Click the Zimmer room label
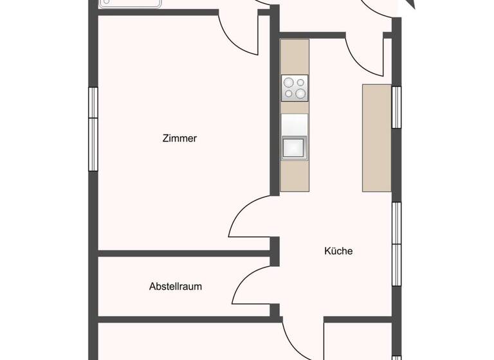tap(179, 138)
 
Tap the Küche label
tap(338, 251)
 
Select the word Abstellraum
tap(175, 286)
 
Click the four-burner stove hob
tap(295, 87)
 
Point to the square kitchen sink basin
tap(295, 147)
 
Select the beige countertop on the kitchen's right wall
tap(377, 138)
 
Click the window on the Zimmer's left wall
tap(93, 129)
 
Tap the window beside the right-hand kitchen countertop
tap(396, 107)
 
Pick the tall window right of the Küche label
tap(396, 244)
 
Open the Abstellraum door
tap(252, 286)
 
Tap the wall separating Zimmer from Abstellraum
tap(183, 253)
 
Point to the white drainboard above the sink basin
tap(295, 124)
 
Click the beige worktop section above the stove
tap(295, 57)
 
